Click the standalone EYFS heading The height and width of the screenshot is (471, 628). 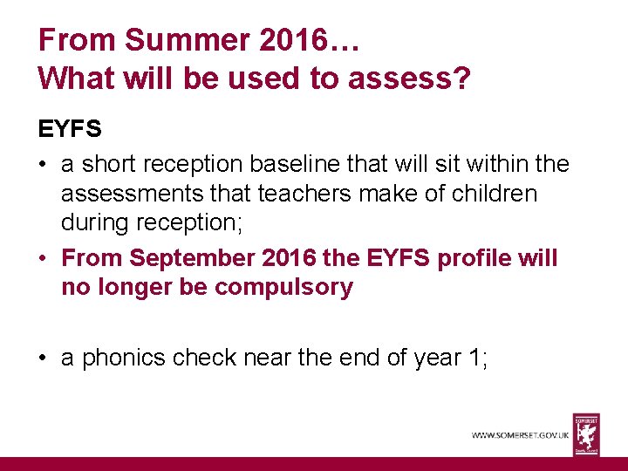[x=70, y=130]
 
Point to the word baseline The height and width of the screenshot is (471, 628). [x=311, y=163]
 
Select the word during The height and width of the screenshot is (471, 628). [x=96, y=223]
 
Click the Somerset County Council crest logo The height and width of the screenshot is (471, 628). [x=585, y=433]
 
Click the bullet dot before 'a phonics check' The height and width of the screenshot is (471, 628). [x=44, y=358]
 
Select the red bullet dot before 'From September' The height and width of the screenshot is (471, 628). [x=44, y=258]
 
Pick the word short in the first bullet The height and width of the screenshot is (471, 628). [x=110, y=163]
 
